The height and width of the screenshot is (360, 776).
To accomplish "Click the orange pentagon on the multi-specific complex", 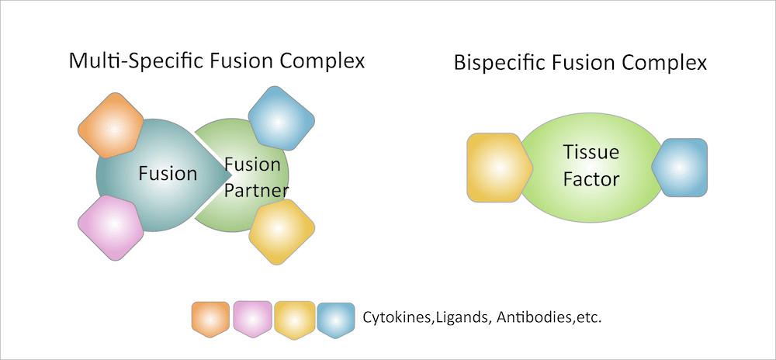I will pos(111,125).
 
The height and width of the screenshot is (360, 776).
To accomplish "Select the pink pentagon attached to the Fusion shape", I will pos(111,226).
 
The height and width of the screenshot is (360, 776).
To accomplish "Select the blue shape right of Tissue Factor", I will pos(681,167).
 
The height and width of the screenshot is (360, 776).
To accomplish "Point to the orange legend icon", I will pos(210,319).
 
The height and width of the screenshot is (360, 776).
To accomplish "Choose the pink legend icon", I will pos(252,319).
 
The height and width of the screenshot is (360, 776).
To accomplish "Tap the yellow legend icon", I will pos(294,319).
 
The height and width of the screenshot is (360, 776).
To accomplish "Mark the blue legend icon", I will pos(336,319).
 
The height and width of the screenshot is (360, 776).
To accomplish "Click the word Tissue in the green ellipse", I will pos(591,153).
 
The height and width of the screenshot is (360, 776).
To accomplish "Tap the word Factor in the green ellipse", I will pos(591,179).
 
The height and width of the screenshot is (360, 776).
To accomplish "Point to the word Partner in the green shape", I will pos(252,189).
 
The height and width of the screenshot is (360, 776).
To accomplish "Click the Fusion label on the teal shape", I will pos(168,173).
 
